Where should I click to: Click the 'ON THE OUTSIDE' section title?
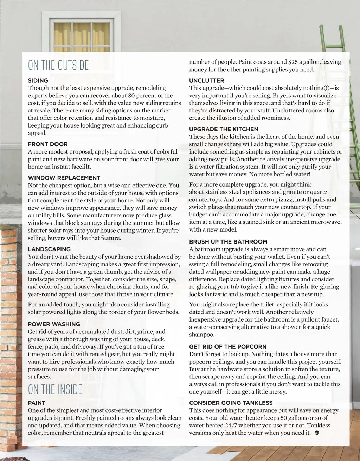(58, 65)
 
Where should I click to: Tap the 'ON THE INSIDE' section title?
(55, 389)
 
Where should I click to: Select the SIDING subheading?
(38, 80)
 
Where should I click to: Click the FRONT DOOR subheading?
(48, 144)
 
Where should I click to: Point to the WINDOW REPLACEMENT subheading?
(64, 178)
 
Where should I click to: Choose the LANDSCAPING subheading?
(49, 249)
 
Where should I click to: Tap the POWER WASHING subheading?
(54, 324)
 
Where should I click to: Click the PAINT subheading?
(37, 403)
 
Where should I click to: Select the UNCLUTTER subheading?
(207, 80)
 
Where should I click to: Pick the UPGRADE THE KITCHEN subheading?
(224, 129)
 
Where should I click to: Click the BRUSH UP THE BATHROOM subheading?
(228, 241)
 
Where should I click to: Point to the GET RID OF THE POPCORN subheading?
(228, 346)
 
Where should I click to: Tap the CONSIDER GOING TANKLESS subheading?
(231, 403)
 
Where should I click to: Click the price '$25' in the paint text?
(293, 62)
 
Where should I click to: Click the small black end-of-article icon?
(316, 433)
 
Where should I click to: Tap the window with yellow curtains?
(82, 35)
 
